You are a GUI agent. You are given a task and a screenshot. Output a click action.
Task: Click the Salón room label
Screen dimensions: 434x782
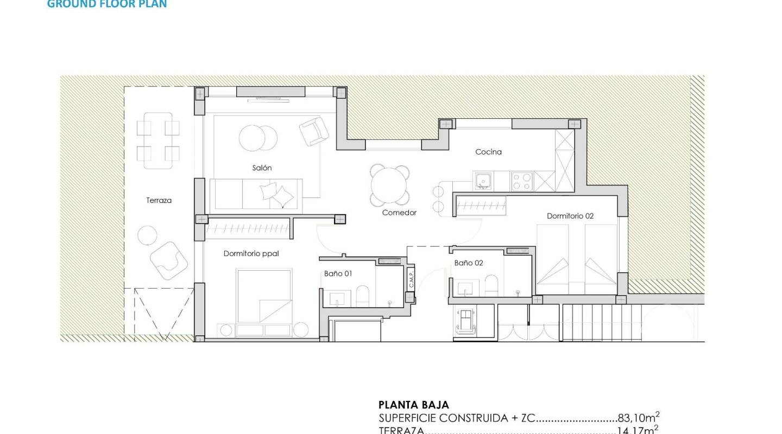pyautogui.click(x=262, y=168)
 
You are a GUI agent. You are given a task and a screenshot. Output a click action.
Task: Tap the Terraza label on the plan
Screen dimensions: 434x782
pyautogui.click(x=159, y=200)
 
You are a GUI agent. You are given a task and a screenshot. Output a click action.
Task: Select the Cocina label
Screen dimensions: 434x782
pyautogui.click(x=488, y=152)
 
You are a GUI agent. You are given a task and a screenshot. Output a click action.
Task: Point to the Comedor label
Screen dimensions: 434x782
pyautogui.click(x=399, y=213)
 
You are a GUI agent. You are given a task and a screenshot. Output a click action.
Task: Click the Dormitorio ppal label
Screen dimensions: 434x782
pyautogui.click(x=251, y=253)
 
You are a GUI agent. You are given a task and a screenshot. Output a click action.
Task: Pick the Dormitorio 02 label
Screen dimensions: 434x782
pyautogui.click(x=570, y=216)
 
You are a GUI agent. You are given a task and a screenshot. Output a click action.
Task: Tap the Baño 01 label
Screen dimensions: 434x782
pyautogui.click(x=338, y=273)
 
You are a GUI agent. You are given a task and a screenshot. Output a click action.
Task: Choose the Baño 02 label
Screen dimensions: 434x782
pyautogui.click(x=469, y=263)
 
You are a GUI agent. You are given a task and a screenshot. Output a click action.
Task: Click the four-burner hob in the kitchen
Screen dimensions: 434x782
pyautogui.click(x=522, y=181)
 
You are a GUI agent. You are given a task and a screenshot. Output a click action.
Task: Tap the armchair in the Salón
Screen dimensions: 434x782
pyautogui.click(x=314, y=131)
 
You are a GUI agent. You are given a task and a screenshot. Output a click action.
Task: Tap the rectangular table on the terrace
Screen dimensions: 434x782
pyautogui.click(x=158, y=141)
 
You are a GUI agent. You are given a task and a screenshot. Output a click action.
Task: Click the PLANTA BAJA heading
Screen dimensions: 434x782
pyautogui.click(x=413, y=405)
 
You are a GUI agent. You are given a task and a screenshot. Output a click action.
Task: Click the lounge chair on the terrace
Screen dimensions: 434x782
pyautogui.click(x=169, y=260)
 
